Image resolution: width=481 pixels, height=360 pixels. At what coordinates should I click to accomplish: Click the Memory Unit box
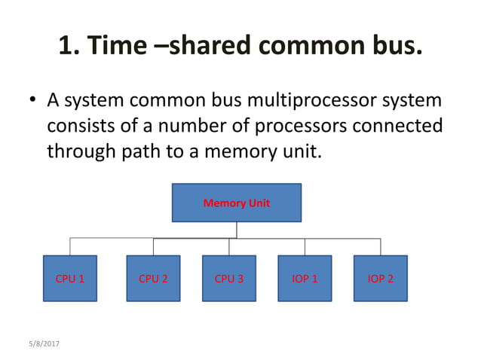tap(236, 203)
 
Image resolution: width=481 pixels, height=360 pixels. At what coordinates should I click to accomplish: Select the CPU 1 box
tap(69, 279)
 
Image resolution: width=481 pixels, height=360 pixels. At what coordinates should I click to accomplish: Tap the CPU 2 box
tap(153, 279)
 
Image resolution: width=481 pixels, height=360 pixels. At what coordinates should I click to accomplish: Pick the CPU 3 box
tap(229, 279)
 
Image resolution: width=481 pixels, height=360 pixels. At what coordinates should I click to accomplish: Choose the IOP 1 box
tap(305, 279)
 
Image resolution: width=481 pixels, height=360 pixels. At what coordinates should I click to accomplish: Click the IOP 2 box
tap(380, 279)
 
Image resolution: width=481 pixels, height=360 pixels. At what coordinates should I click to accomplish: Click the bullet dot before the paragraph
tap(32, 100)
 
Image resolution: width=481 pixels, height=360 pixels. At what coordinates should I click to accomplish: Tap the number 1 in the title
tap(66, 46)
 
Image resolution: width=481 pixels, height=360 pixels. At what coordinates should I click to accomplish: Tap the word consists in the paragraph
tap(80, 126)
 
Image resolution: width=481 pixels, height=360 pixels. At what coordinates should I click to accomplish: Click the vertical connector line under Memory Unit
tap(236, 230)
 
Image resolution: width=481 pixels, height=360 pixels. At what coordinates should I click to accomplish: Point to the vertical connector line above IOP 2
tap(380, 247)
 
